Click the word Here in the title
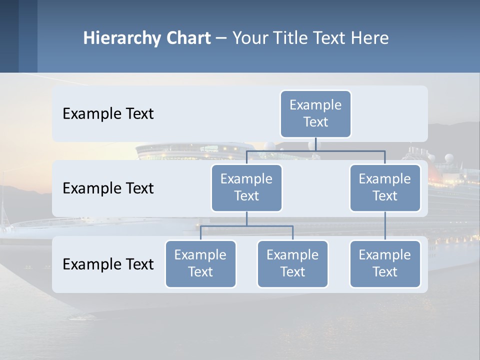pyautogui.click(x=369, y=38)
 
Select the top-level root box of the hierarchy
pyautogui.click(x=315, y=113)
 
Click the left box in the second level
pyautogui.click(x=246, y=187)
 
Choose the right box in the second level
pyautogui.click(x=385, y=187)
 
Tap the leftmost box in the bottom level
pyautogui.click(x=200, y=263)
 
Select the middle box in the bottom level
pyautogui.click(x=292, y=263)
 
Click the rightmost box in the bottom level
pyautogui.click(x=385, y=263)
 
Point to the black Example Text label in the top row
pyautogui.click(x=108, y=114)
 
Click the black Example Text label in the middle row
pyautogui.click(x=108, y=188)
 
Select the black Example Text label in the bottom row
pyautogui.click(x=108, y=264)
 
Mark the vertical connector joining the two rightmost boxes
pyautogui.click(x=385, y=226)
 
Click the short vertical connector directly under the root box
pyautogui.click(x=315, y=144)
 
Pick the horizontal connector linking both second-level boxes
pyautogui.click(x=315, y=150)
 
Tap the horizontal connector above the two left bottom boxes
pyautogui.click(x=246, y=226)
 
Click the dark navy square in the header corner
pyautogui.click(x=9, y=36)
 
